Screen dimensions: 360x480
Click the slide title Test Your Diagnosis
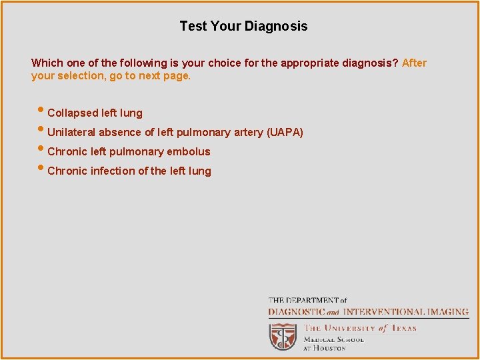(243, 27)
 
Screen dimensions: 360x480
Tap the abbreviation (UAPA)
(285, 133)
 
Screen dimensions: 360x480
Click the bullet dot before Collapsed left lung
(42, 111)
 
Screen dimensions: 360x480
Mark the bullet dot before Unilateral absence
(42, 131)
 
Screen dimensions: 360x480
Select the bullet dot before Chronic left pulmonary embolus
(42, 150)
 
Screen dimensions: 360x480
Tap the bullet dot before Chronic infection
(42, 169)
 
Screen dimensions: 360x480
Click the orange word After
(414, 63)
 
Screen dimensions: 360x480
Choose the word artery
(247, 133)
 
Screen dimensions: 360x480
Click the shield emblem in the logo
(283, 337)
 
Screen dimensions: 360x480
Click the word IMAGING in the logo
(447, 311)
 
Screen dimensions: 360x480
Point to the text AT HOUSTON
(325, 347)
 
